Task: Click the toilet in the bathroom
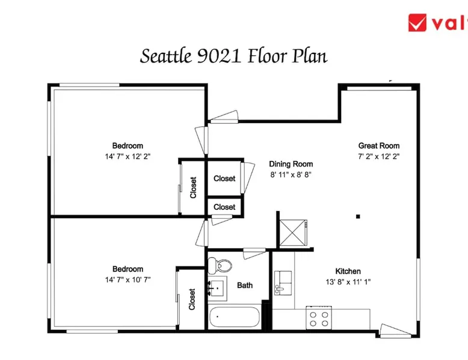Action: (220, 265)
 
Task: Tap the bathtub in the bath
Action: (234, 317)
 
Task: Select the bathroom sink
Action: (217, 288)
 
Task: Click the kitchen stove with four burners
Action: (319, 318)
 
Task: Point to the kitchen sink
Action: (283, 283)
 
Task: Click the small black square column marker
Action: (358, 216)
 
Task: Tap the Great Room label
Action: (379, 145)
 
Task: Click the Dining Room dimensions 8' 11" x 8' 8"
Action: (291, 174)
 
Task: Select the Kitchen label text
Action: (348, 271)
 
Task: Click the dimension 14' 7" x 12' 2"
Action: (128, 156)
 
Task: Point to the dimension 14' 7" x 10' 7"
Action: (128, 280)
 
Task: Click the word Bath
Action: (245, 285)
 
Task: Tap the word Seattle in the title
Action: (166, 56)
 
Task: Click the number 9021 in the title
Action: (219, 56)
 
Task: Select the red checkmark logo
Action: (417, 23)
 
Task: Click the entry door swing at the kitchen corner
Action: (395, 331)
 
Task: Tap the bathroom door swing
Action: (254, 254)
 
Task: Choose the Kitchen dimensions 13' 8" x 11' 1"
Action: (348, 282)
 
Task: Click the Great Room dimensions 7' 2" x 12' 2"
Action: (379, 156)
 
